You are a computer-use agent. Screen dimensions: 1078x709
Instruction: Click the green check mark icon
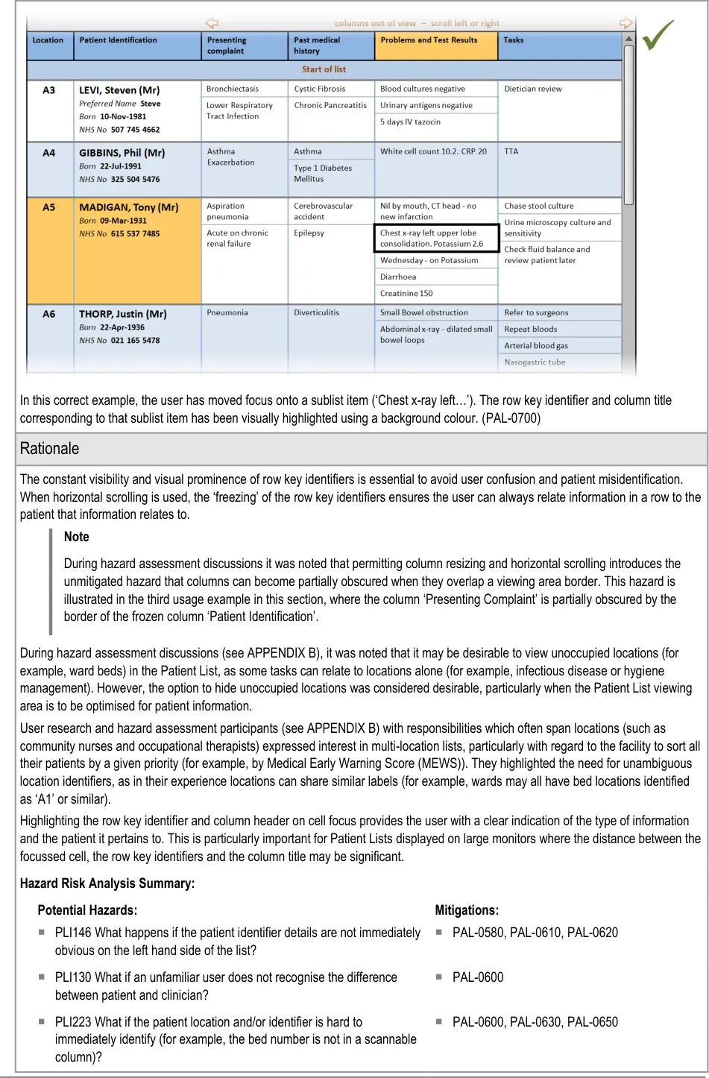click(658, 35)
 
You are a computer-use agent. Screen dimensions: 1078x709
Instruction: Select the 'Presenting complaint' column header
click(227, 45)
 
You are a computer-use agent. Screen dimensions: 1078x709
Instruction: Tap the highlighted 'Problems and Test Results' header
click(429, 40)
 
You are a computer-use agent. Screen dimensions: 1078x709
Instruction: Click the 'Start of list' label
click(324, 69)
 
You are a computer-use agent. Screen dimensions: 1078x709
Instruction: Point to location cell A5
click(48, 207)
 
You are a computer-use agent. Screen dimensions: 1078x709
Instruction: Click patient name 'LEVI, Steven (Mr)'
click(119, 90)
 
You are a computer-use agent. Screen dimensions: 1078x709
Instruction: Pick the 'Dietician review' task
click(533, 89)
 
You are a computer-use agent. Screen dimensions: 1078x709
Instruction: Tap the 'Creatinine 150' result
click(406, 294)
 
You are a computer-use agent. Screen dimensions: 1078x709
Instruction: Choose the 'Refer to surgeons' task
click(536, 313)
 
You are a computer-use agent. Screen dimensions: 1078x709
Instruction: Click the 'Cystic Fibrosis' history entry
click(320, 89)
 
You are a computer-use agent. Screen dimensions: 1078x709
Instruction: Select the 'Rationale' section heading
click(49, 449)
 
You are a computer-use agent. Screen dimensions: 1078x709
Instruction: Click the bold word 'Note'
click(76, 537)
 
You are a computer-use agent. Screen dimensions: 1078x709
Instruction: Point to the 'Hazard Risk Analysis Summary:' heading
click(107, 883)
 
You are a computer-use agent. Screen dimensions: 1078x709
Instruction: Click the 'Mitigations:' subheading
click(467, 910)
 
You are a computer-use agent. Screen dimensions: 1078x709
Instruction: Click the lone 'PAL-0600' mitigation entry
click(478, 977)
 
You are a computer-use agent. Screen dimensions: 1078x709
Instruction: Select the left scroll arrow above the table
click(212, 23)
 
